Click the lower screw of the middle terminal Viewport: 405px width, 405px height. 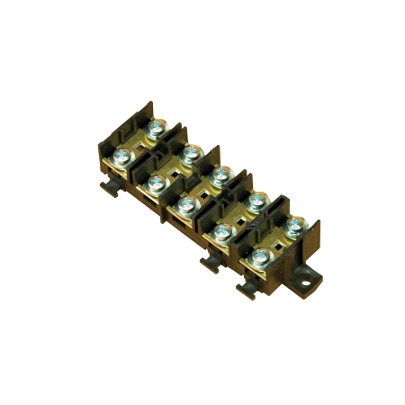coord(186,206)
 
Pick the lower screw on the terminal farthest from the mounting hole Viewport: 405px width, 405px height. coord(122,160)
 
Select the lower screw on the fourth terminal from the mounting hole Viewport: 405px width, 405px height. coord(155,184)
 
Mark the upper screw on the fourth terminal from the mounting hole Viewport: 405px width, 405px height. coord(189,154)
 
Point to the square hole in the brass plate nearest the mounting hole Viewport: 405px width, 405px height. coord(274,239)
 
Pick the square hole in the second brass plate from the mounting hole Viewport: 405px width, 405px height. coord(239,215)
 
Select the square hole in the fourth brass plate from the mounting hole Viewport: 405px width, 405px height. coord(172,169)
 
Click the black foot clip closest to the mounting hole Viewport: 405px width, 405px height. coord(247,287)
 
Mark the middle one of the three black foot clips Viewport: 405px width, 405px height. coord(211,262)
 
